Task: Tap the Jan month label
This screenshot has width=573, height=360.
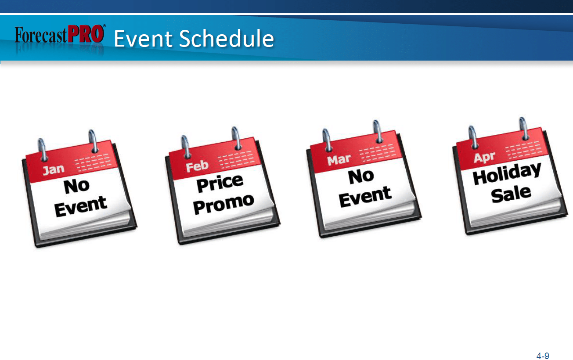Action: pyautogui.click(x=54, y=169)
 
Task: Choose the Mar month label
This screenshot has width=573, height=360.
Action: pyautogui.click(x=339, y=160)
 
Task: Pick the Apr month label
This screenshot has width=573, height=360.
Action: pyautogui.click(x=484, y=157)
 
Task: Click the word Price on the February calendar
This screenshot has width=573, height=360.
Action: pyautogui.click(x=220, y=184)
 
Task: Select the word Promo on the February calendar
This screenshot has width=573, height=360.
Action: pyautogui.click(x=223, y=204)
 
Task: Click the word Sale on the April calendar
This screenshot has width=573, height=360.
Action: pyautogui.click(x=511, y=194)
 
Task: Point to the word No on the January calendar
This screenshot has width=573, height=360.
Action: pyautogui.click(x=76, y=186)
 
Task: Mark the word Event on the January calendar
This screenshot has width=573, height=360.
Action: pyautogui.click(x=81, y=207)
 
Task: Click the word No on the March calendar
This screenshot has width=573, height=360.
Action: pyautogui.click(x=361, y=176)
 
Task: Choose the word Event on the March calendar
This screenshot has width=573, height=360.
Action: pyautogui.click(x=365, y=197)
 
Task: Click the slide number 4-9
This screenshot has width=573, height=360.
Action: pyautogui.click(x=543, y=356)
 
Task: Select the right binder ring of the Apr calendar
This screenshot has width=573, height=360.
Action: pyautogui.click(x=524, y=129)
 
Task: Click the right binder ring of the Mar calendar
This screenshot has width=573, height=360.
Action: pyautogui.click(x=378, y=131)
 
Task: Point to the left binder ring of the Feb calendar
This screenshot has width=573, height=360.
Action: pyautogui.click(x=185, y=147)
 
